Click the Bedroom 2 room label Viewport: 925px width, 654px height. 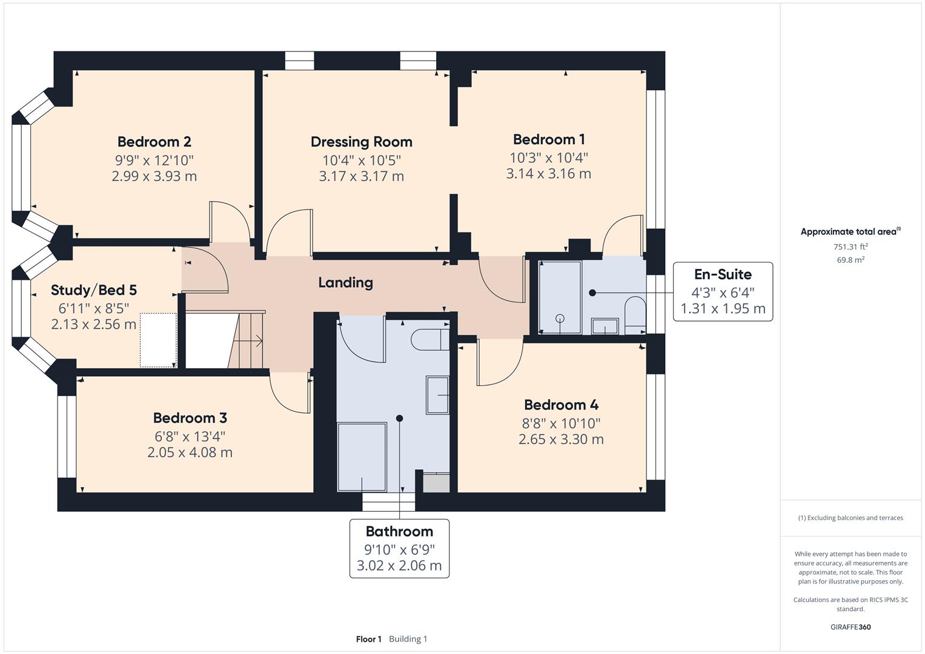coord(154,142)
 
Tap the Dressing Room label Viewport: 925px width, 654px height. coord(361,142)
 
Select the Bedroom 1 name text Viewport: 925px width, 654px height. coord(548,139)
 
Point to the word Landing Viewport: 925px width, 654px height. coord(345,282)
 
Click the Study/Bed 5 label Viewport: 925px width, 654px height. coord(93,290)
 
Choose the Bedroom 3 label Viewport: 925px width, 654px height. coord(190,418)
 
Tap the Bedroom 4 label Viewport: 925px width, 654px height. coord(561,405)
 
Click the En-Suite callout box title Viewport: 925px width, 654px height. coord(722,274)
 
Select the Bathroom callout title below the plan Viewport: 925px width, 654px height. coord(399,532)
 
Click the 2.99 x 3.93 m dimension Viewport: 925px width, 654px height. coord(154,176)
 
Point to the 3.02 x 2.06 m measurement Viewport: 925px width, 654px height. coord(399,566)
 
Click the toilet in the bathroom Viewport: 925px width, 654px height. coord(429,340)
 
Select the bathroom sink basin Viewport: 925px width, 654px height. coord(437,395)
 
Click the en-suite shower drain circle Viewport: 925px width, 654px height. coord(560,319)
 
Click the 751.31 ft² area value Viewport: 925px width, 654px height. coord(850,246)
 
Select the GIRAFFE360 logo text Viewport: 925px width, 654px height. coord(850,627)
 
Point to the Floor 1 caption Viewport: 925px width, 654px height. coord(368,639)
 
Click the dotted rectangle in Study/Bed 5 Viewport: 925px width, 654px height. coord(158,340)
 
